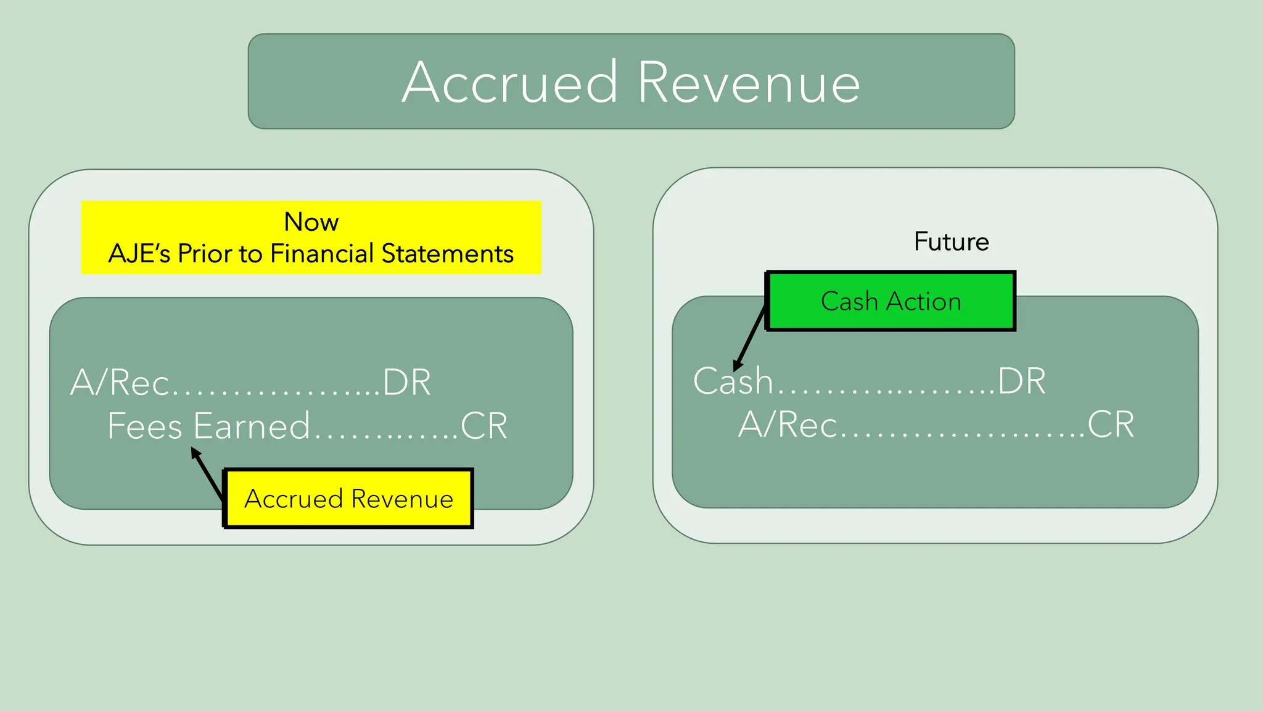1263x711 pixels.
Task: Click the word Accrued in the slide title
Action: point(509,83)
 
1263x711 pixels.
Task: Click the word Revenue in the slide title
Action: point(749,83)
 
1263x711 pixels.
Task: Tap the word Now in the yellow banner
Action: point(311,222)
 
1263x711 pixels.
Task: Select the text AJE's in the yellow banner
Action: point(139,254)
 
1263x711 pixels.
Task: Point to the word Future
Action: point(951,241)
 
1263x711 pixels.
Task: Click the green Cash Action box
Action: point(891,301)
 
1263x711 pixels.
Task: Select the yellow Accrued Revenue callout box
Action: point(348,499)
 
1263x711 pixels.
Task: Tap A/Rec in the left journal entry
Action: point(120,383)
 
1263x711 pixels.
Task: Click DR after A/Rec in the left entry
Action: point(406,383)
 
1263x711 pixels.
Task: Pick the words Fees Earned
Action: point(208,426)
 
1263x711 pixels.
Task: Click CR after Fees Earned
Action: point(484,426)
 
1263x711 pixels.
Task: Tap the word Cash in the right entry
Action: point(733,381)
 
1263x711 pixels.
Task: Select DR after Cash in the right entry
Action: point(1022,381)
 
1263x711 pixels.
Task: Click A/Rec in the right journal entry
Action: point(788,425)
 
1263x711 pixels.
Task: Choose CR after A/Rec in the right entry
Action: point(1110,425)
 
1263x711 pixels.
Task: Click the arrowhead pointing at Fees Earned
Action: point(195,454)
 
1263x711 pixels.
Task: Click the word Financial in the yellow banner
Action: point(322,254)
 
